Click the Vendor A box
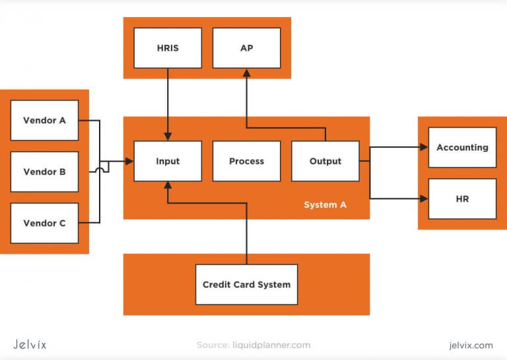click(44, 120)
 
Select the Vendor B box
click(44, 172)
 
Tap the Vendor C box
click(44, 223)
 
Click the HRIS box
click(168, 48)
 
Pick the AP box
click(246, 48)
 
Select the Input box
click(168, 161)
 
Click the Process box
click(246, 161)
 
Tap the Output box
click(325, 161)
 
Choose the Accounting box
click(462, 147)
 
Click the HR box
click(462, 198)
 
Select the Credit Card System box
click(246, 285)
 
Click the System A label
click(325, 205)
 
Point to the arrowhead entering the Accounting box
click(424, 147)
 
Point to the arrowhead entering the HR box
click(424, 198)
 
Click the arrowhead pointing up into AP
click(246, 73)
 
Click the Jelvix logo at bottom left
click(30, 344)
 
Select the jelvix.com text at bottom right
click(469, 345)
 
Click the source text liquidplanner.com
click(253, 345)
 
